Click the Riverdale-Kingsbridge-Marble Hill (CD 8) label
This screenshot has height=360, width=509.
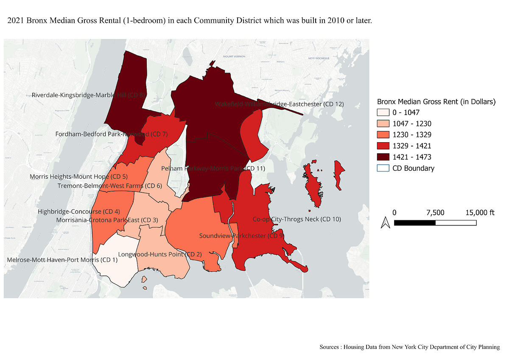(89, 95)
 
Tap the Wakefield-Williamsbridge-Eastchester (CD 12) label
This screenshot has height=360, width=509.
(279, 104)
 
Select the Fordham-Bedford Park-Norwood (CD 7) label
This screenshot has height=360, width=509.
(112, 134)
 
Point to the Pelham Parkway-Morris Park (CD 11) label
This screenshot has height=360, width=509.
(213, 169)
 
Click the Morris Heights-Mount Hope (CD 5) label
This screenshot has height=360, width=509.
(78, 176)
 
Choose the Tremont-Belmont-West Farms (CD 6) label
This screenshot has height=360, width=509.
(110, 186)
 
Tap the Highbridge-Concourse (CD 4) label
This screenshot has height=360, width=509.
(79, 211)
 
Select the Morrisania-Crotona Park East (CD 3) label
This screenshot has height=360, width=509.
(107, 220)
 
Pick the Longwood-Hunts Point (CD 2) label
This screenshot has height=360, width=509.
(160, 254)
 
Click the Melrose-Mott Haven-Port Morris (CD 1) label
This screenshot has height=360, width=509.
(62, 259)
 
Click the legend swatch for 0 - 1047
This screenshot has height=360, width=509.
(383, 113)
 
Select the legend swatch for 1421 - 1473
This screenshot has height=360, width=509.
(383, 157)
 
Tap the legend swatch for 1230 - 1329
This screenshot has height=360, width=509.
(383, 135)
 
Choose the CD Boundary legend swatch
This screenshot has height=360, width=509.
(383, 168)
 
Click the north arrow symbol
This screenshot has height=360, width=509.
(385, 222)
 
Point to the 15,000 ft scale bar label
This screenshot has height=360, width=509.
(477, 212)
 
